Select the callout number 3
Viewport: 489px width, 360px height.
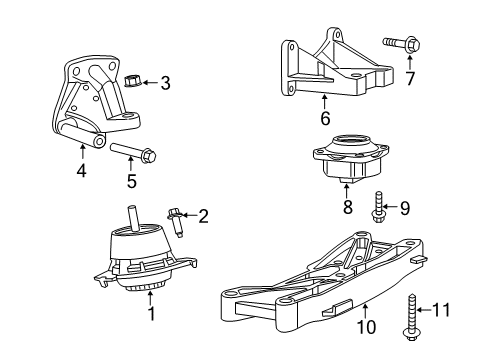[166, 84]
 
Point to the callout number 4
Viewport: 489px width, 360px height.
[80, 171]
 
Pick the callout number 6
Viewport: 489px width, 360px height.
[326, 118]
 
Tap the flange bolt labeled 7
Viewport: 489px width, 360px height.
[397, 44]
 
